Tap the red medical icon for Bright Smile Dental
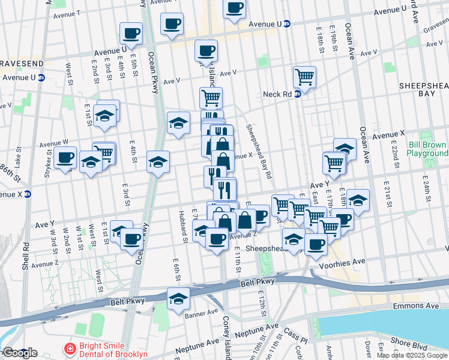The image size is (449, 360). click(x=70, y=349)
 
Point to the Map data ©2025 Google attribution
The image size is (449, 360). click(x=412, y=355)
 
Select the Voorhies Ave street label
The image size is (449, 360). click(x=345, y=262)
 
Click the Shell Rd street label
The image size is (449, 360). click(x=26, y=254)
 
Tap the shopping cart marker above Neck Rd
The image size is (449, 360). click(x=304, y=77)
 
